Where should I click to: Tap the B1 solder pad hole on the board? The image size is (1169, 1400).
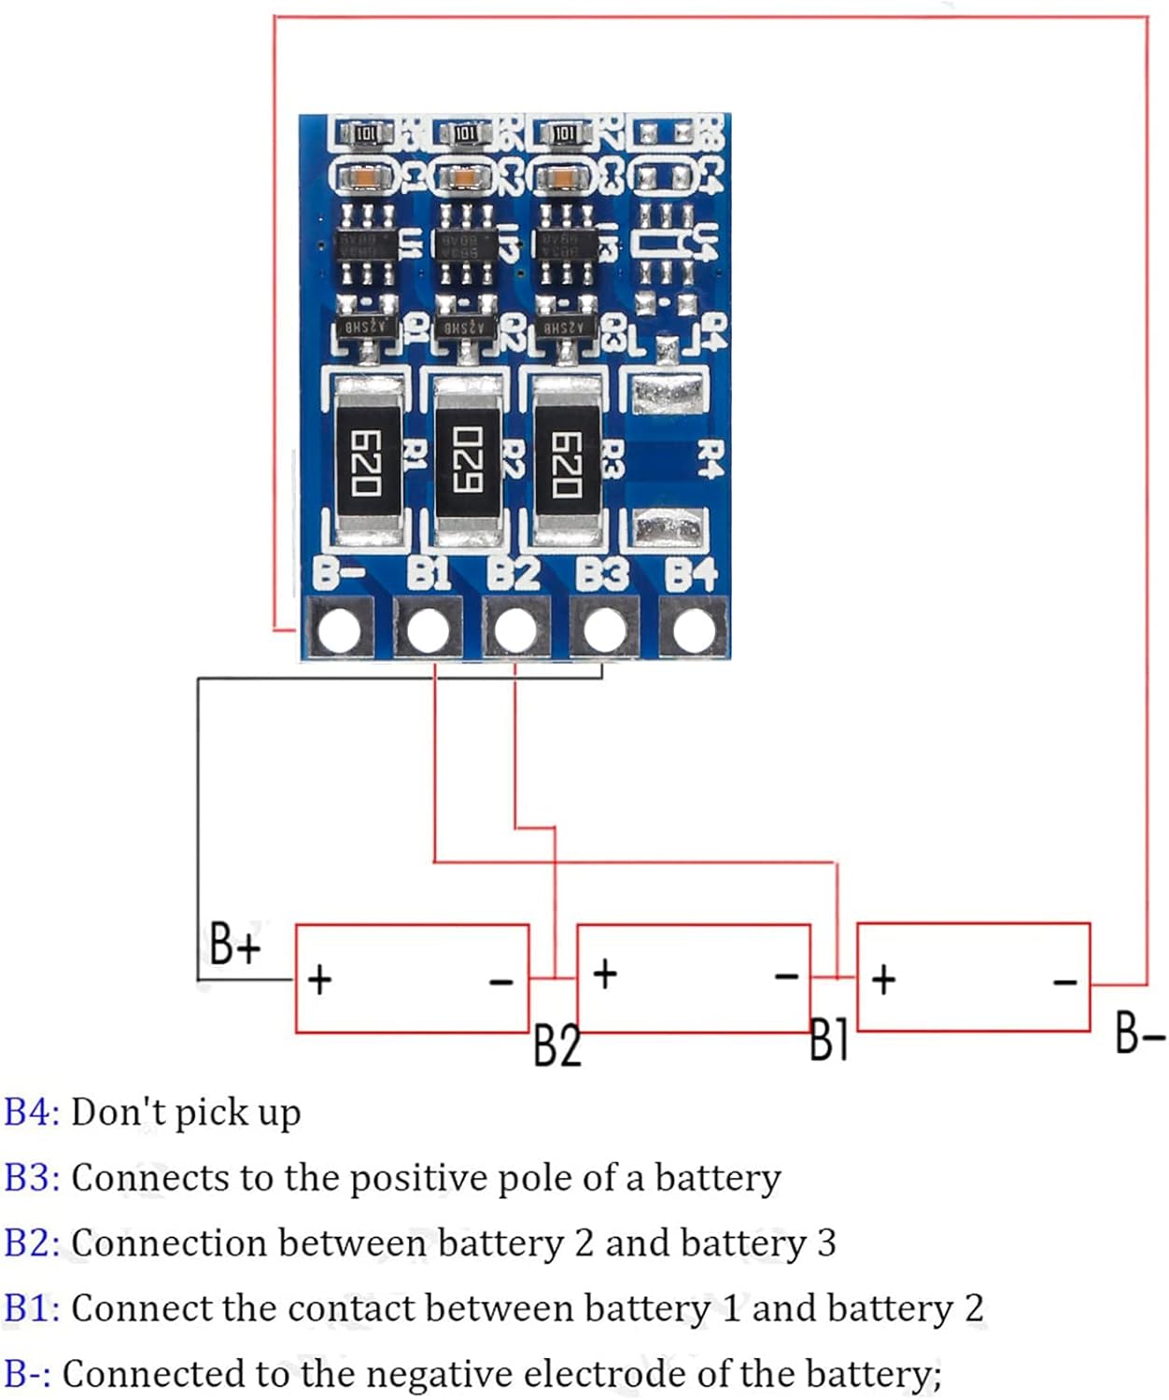click(428, 630)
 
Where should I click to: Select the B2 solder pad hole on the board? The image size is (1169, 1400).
click(515, 630)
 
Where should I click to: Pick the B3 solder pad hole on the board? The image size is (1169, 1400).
click(604, 630)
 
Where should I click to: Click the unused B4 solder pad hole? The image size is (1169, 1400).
click(693, 630)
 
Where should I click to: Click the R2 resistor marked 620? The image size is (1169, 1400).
click(466, 461)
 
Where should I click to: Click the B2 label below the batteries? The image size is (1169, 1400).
click(556, 1045)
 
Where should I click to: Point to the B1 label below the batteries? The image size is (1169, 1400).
click(828, 1040)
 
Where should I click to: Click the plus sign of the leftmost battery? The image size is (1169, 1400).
click(319, 980)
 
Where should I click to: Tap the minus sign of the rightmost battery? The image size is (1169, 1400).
click(1065, 981)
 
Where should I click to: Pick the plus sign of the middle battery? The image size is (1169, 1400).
click(605, 973)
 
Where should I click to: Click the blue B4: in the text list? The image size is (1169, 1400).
click(32, 1113)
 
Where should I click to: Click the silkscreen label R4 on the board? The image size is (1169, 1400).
click(711, 459)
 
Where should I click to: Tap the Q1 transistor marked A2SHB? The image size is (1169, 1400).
click(367, 328)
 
